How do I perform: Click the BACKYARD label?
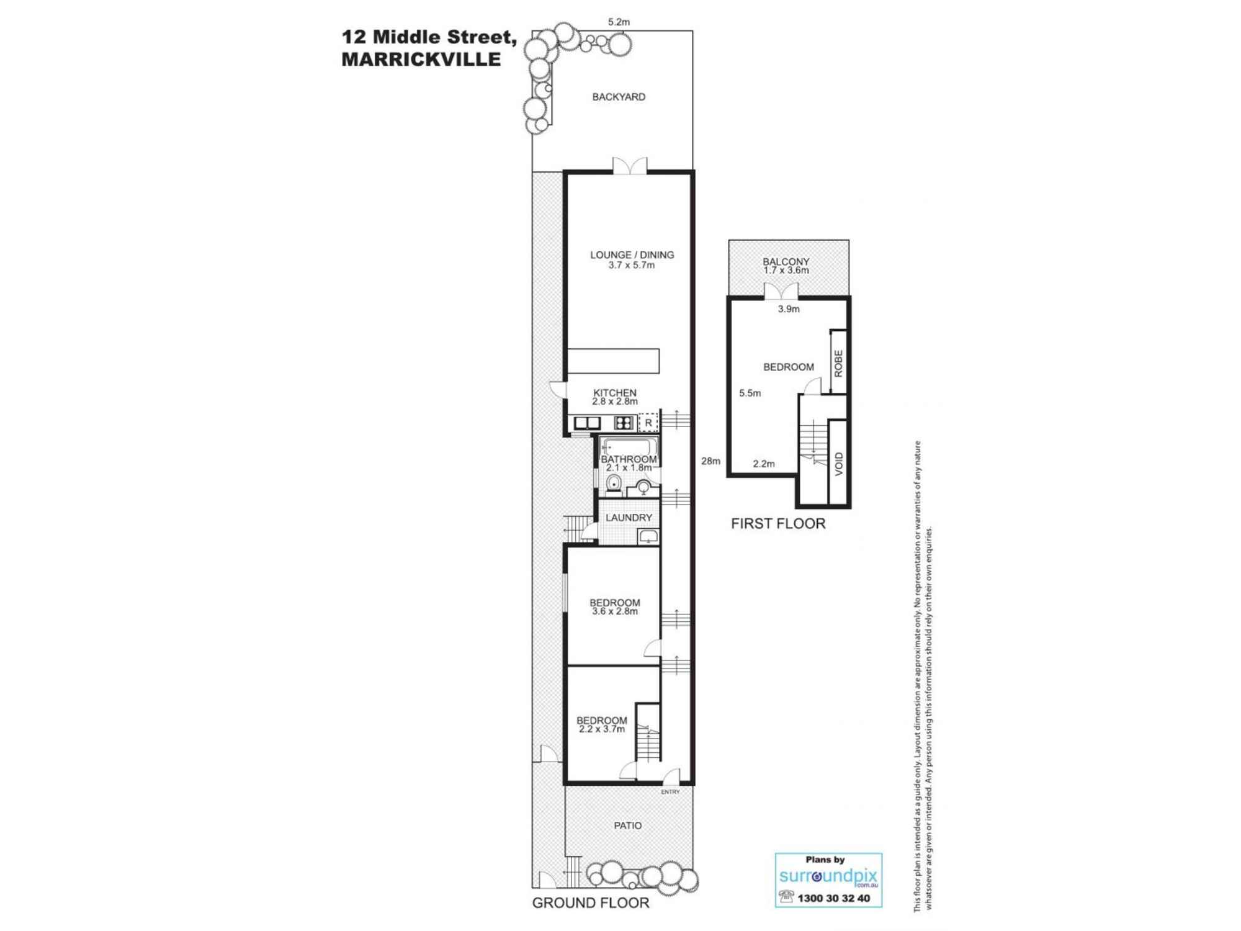[x=619, y=97]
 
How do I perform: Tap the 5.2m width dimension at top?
[x=619, y=22]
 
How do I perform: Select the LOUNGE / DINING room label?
[x=632, y=254]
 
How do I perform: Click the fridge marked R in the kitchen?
[x=648, y=423]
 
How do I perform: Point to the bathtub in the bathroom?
[x=629, y=447]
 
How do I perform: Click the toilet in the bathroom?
[x=614, y=486]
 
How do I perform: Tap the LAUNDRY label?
[x=629, y=518]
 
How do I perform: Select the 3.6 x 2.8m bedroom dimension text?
[x=614, y=611]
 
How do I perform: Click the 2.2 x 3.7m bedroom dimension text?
[x=601, y=729]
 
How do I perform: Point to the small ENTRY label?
[x=670, y=792]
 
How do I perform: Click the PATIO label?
[x=627, y=825]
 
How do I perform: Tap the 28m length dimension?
[x=710, y=461]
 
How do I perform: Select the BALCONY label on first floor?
[x=786, y=262]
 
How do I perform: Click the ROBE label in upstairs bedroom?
[x=838, y=363]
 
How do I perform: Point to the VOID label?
[x=838, y=464]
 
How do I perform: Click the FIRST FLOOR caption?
[x=777, y=523]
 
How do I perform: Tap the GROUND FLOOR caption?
[x=590, y=903]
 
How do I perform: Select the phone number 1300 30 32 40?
[x=833, y=898]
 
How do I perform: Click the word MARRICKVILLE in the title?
[x=421, y=60]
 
